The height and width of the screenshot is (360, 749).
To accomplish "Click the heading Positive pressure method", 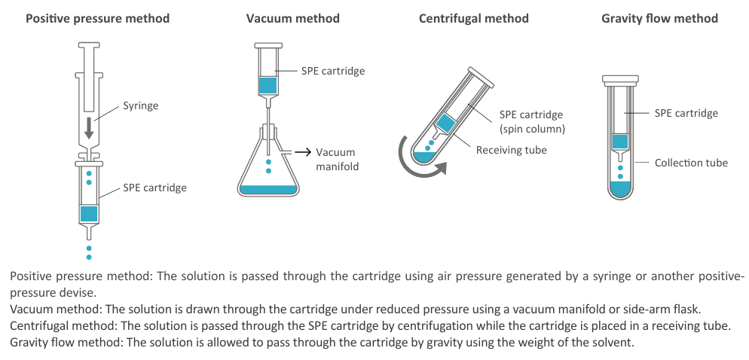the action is click(97, 19).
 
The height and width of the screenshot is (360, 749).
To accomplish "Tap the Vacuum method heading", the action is click(293, 19).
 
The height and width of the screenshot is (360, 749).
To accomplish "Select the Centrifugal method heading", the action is click(473, 19).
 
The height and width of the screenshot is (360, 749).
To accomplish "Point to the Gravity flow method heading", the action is click(659, 19).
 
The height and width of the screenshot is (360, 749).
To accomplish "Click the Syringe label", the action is click(141, 106).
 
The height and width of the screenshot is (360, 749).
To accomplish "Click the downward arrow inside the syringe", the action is click(89, 130).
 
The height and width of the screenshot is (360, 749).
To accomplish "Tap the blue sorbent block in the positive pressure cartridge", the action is click(89, 214).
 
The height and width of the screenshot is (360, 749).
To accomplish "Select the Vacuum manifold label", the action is click(336, 160).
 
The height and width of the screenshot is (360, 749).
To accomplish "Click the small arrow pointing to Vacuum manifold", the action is click(302, 152).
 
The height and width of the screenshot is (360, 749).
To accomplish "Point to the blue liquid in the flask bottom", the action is click(268, 190).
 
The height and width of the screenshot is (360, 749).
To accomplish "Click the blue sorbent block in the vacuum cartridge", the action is click(267, 85).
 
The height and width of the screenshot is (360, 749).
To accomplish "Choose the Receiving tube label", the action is click(511, 150).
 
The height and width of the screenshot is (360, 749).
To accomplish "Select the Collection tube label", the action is click(691, 163).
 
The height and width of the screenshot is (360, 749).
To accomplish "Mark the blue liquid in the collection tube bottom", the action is click(620, 190).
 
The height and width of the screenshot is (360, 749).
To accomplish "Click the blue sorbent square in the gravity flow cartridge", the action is click(620, 142).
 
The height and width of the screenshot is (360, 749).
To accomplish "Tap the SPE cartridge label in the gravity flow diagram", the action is click(686, 113).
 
